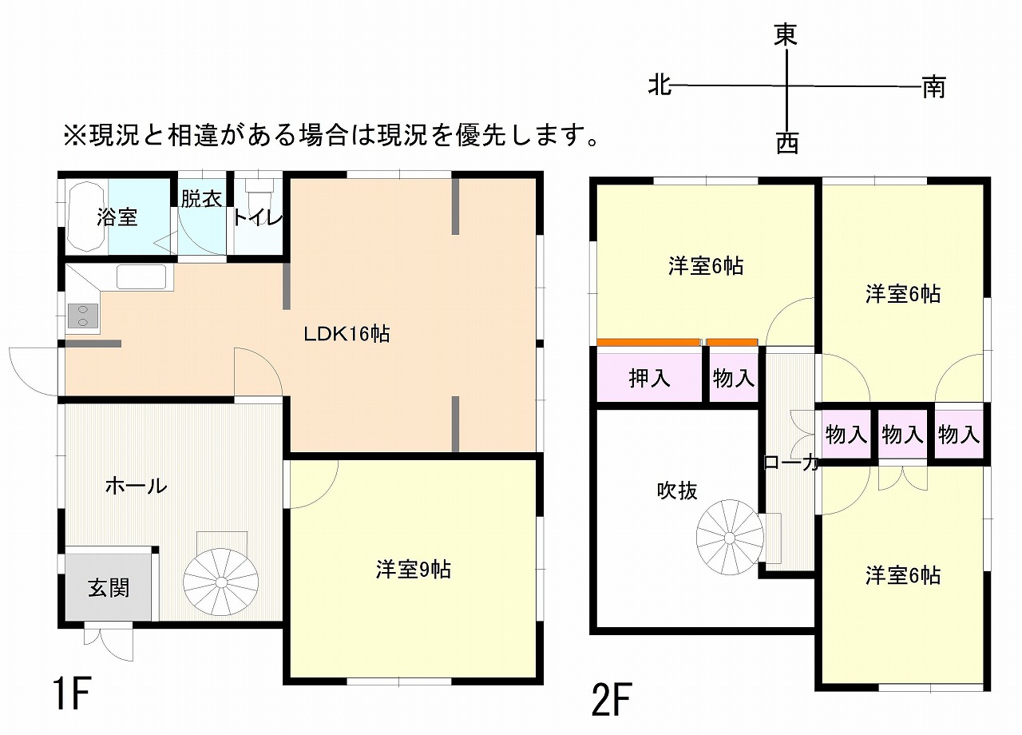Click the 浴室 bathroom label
click(117, 217)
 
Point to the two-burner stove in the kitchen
click(82, 316)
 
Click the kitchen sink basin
click(141, 276)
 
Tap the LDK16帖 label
click(347, 334)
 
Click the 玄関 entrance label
click(109, 588)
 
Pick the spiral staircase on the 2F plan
click(729, 538)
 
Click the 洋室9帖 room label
click(414, 570)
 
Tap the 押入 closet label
click(649, 378)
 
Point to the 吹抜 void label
click(677, 491)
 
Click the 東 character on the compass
click(786, 34)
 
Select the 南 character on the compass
click(934, 87)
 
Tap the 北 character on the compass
click(660, 85)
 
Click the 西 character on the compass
click(787, 142)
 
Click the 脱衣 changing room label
click(201, 199)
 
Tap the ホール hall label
click(137, 486)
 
